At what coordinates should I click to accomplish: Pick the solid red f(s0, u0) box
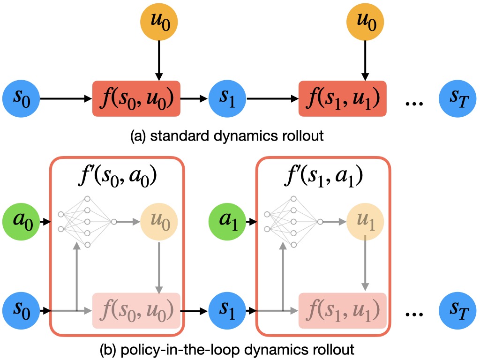click(x=136, y=99)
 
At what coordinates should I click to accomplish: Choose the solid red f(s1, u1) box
click(x=343, y=99)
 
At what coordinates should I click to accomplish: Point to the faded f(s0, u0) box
click(x=136, y=310)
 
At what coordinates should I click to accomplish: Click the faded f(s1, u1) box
click(x=343, y=310)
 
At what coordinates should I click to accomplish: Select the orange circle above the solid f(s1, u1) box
click(x=365, y=22)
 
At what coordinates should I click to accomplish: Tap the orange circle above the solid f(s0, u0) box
click(x=159, y=22)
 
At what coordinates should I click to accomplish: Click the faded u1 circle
click(x=365, y=220)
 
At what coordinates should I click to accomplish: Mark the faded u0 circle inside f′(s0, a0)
click(x=159, y=220)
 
